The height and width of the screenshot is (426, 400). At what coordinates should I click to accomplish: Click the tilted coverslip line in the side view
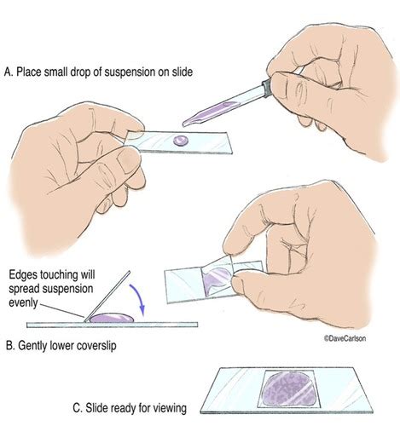click(x=107, y=296)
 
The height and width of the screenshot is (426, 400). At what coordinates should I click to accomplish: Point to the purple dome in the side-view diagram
click(x=112, y=318)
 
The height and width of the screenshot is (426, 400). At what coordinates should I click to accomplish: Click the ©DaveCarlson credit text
click(x=345, y=338)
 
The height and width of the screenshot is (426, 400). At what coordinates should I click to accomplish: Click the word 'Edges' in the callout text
click(x=23, y=275)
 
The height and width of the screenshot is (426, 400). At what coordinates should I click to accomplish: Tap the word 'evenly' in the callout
click(x=23, y=302)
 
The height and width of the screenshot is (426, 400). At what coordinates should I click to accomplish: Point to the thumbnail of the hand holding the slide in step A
click(x=130, y=163)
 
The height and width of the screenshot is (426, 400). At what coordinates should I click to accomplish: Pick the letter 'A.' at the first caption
click(x=9, y=72)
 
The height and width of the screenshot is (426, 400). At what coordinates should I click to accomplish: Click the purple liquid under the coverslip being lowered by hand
click(x=217, y=279)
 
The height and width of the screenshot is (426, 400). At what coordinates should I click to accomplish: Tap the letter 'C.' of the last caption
click(x=78, y=408)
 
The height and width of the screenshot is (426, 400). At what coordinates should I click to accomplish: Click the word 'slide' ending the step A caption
click(x=183, y=72)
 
